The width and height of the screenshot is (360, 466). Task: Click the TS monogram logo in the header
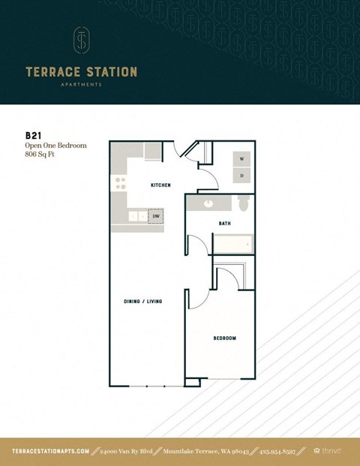(x=81, y=41)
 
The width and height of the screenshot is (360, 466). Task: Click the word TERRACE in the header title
(x=55, y=73)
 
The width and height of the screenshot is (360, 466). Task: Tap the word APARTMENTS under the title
(x=81, y=85)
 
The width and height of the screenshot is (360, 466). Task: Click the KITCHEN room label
(x=160, y=185)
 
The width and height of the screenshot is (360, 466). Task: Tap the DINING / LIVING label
(x=143, y=301)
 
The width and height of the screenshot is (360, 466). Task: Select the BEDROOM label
(x=224, y=338)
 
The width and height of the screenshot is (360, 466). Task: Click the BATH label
(x=224, y=224)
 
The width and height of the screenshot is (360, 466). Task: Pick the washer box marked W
(x=241, y=160)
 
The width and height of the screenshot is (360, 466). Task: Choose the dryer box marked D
(x=241, y=175)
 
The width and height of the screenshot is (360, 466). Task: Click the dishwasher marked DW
(x=156, y=216)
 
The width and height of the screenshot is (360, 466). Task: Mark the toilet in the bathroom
(x=242, y=204)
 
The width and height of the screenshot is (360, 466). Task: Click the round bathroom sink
(x=208, y=204)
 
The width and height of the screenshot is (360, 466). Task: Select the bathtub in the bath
(x=233, y=244)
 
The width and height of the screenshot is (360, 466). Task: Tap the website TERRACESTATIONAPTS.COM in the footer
(x=51, y=451)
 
